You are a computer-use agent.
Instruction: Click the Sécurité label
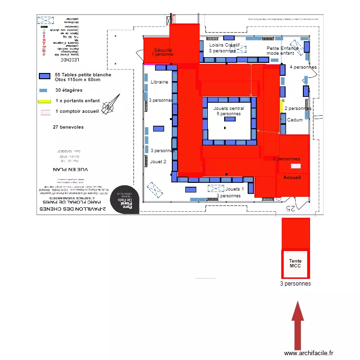[163, 50]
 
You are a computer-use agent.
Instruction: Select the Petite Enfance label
[283, 48]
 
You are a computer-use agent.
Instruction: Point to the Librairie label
[159, 82]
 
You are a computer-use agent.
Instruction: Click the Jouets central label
[229, 108]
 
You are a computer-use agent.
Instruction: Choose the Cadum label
[295, 120]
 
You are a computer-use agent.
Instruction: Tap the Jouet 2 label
[158, 162]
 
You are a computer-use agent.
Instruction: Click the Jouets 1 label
[235, 189]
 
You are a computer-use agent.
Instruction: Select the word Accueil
[292, 178]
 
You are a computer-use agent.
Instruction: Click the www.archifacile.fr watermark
[308, 353]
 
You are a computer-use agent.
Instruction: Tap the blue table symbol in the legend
[45, 76]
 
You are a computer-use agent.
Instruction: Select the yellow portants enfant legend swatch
[45, 101]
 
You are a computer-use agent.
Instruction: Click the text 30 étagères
[69, 90]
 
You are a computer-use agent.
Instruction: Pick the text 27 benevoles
[68, 127]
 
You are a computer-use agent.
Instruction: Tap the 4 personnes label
[303, 67]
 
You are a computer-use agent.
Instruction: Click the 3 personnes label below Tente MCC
[296, 284]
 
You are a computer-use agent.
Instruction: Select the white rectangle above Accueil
[296, 166]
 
